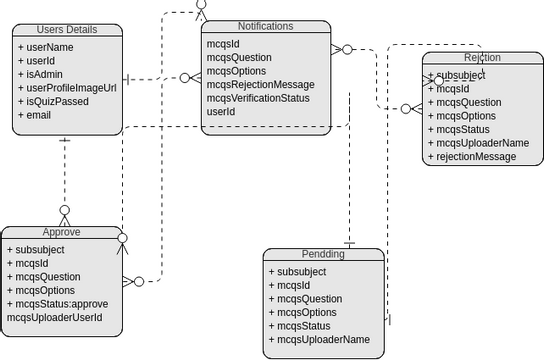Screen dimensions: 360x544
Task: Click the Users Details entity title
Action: pyautogui.click(x=69, y=30)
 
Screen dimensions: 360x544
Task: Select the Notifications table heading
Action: pyautogui.click(x=265, y=26)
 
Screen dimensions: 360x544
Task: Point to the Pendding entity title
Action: pyautogui.click(x=323, y=254)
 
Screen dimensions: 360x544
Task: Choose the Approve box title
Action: pyautogui.click(x=61, y=232)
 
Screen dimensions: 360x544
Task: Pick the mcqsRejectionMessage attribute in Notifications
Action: pyautogui.click(x=260, y=85)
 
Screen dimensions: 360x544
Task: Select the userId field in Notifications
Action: pyautogui.click(x=221, y=112)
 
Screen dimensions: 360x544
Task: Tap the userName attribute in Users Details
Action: pyautogui.click(x=49, y=47)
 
